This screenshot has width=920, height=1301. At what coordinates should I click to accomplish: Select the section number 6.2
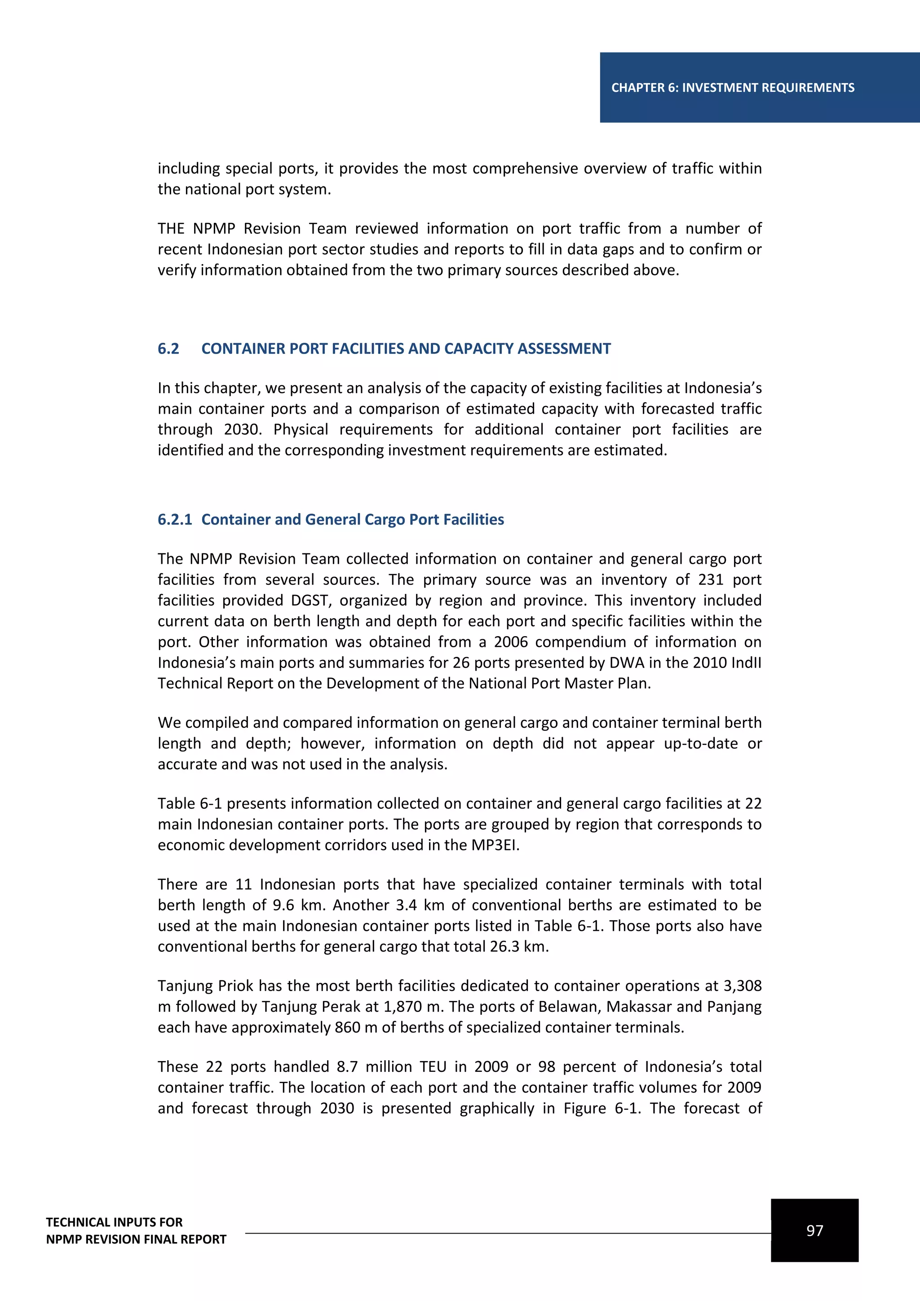(168, 349)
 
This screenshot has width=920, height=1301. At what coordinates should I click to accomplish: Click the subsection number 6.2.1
(174, 520)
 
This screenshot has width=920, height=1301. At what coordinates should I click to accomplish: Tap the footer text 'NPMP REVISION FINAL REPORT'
(136, 1239)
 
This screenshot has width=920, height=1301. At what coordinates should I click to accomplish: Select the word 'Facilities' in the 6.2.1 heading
(473, 520)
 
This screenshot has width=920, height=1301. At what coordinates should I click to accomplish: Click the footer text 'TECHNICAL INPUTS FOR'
(115, 1222)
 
